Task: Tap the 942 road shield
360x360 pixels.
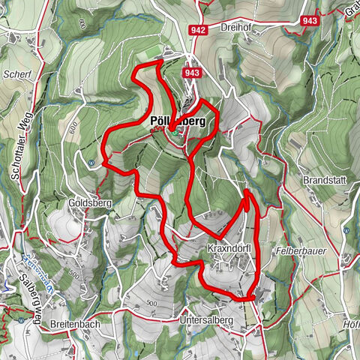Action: coord(198,30)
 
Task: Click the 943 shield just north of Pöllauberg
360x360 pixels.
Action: coord(192,73)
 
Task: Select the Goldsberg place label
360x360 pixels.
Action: coord(89,202)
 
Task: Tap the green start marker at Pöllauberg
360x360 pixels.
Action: coord(172,130)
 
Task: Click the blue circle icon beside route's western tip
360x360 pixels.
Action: coord(91,162)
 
